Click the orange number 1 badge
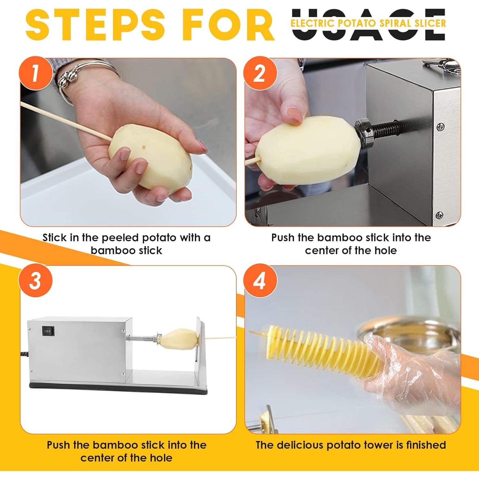pos(36,73)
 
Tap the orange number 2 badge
pos(260,73)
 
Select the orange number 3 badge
pos(36,281)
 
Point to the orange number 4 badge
pos(260,281)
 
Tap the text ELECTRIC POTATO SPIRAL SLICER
pos(368,23)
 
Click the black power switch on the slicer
pos(48,331)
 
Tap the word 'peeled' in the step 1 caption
pos(120,238)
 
